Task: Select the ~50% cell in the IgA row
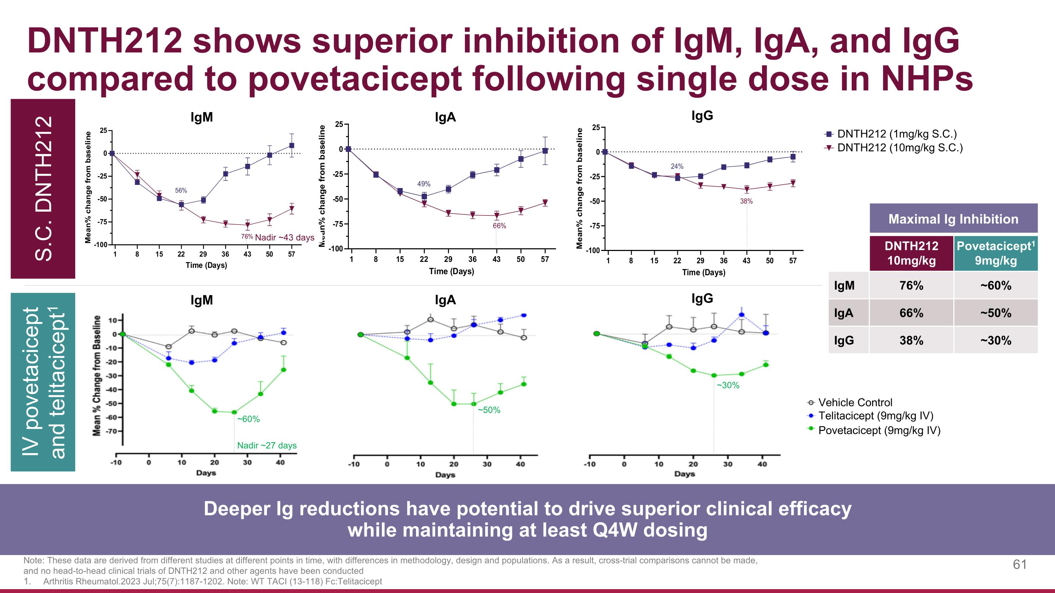(996, 313)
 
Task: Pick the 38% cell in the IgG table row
(911, 341)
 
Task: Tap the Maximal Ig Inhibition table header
(953, 219)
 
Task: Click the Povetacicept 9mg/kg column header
(996, 253)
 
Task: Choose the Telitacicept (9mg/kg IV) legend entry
(876, 416)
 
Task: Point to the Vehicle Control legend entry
(855, 403)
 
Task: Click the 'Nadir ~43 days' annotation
(284, 237)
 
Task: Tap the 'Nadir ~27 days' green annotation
(267, 445)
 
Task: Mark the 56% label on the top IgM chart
(181, 190)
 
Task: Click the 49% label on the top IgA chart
(423, 184)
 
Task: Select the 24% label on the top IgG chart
(677, 166)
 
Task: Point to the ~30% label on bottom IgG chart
(728, 385)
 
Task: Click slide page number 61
(1019, 565)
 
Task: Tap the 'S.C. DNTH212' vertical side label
(43, 188)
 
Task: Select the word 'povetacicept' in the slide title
(354, 79)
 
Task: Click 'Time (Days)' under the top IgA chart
(451, 271)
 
